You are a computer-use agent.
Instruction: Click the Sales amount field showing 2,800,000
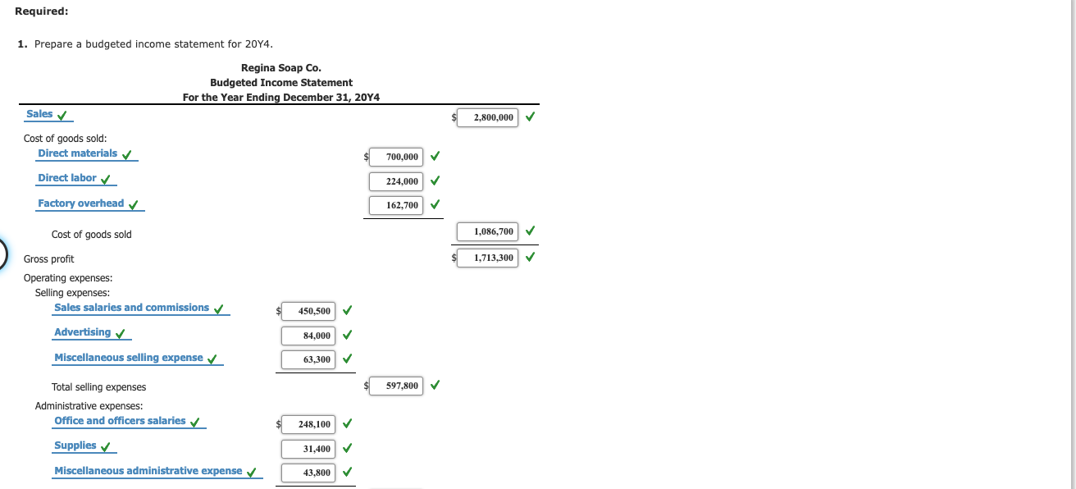(488, 117)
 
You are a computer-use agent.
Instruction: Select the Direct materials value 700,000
(396, 156)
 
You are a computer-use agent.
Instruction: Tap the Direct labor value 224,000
(396, 181)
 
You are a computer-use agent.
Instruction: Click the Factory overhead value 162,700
(396, 205)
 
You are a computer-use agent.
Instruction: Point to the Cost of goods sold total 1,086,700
(488, 231)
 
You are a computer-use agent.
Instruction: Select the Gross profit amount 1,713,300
(488, 258)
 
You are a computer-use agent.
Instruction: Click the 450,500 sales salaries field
(308, 311)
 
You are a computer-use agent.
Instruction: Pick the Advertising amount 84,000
(308, 335)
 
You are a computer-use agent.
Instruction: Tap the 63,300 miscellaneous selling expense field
(308, 359)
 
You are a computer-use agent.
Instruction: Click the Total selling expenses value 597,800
(396, 385)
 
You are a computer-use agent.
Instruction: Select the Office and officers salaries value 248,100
(308, 424)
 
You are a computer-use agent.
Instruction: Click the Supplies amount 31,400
(308, 449)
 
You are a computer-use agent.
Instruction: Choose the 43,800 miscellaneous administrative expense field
(308, 473)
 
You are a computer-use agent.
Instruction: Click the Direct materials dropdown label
(78, 153)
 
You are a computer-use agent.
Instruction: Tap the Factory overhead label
(81, 203)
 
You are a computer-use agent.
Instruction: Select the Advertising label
(82, 332)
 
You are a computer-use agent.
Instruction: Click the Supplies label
(75, 446)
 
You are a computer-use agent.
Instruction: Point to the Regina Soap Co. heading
(280, 67)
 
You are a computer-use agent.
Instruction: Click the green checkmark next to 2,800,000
(530, 117)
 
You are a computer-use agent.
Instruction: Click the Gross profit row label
(48, 259)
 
